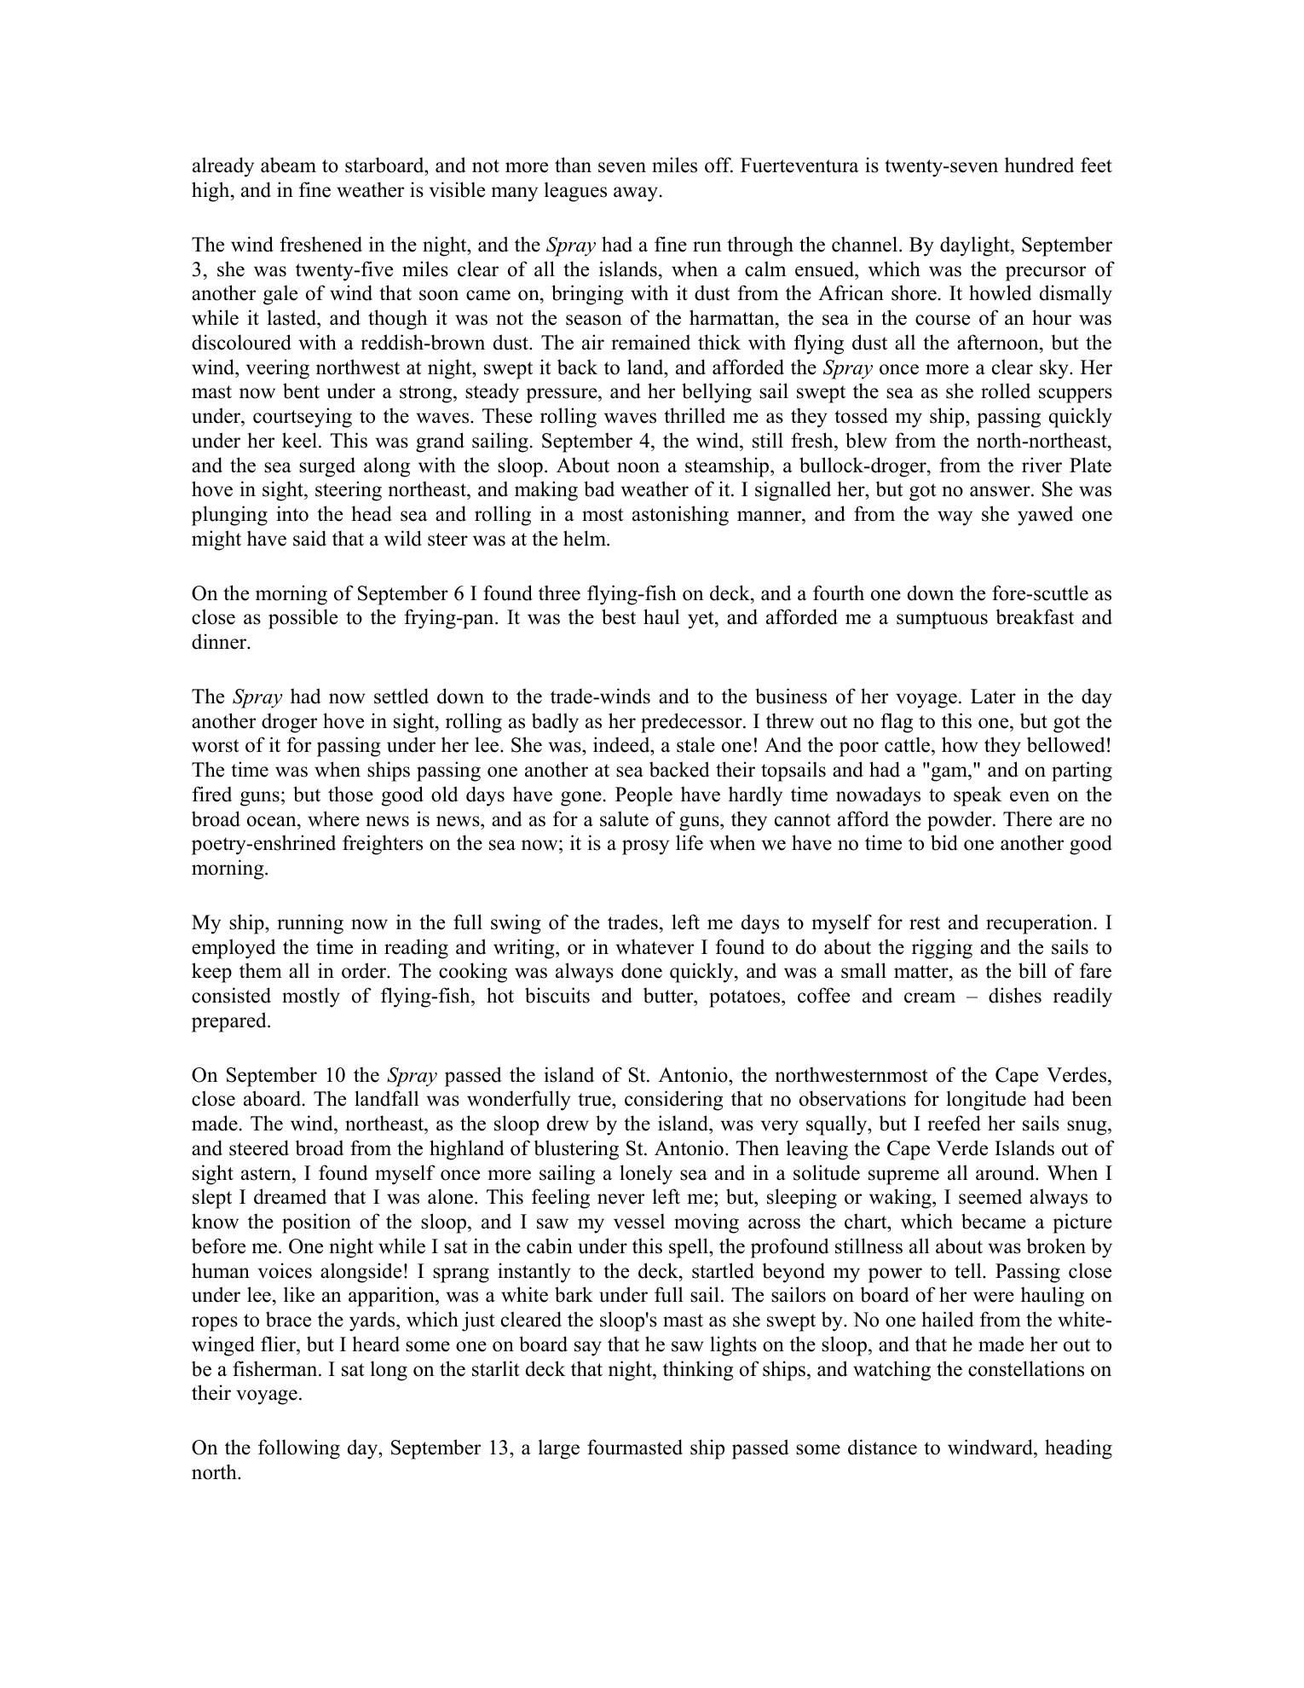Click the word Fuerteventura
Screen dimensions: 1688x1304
(x=799, y=166)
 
